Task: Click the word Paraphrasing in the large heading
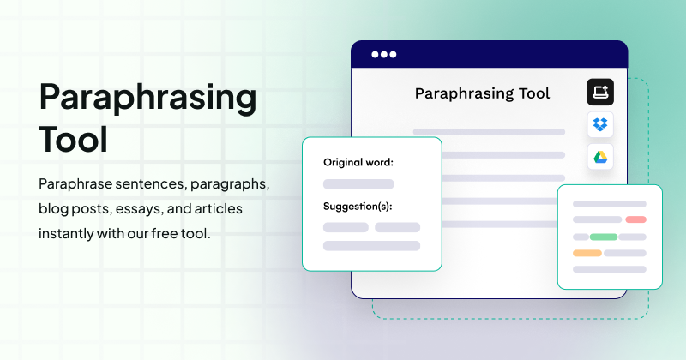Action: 147,99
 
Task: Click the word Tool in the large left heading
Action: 74,139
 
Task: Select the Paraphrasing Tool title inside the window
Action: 482,93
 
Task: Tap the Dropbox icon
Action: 600,124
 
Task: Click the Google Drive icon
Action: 600,157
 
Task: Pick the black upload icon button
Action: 600,92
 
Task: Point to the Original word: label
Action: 358,162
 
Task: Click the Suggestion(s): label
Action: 364,206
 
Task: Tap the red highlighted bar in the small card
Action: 635,220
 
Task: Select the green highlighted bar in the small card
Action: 604,237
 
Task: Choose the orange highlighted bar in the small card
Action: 587,253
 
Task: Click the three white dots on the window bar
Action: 383,55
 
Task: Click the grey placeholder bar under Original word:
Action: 358,183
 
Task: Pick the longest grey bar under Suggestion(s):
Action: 371,246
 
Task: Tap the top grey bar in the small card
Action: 609,204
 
